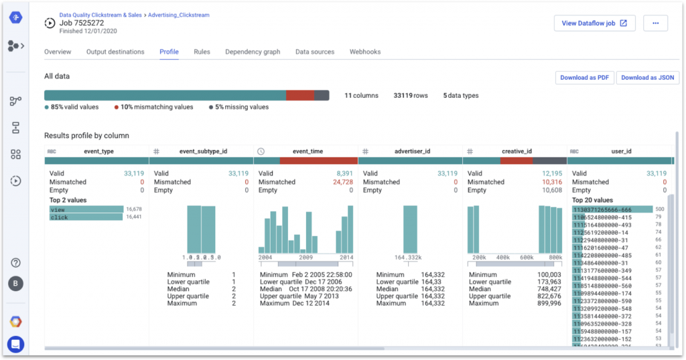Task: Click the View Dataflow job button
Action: point(595,23)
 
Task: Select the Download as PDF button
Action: point(584,78)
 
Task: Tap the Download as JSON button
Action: point(647,78)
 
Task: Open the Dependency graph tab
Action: point(253,52)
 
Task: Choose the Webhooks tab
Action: point(364,52)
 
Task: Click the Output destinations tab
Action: point(115,52)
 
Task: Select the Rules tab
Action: point(202,52)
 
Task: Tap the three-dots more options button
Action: point(655,23)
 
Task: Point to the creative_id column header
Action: point(517,152)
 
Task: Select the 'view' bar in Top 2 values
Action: point(86,209)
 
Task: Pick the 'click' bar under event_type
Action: point(86,217)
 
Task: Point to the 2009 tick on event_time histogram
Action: point(306,257)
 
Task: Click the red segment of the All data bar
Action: point(300,96)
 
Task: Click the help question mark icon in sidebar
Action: point(15,263)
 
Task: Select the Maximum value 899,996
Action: point(548,303)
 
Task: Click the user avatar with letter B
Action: point(15,284)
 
